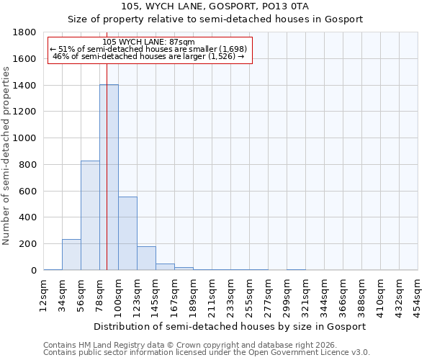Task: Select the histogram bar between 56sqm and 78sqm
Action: click(x=90, y=215)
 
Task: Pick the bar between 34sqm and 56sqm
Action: click(x=71, y=255)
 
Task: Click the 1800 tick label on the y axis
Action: click(x=25, y=32)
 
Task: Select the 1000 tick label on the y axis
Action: click(x=25, y=138)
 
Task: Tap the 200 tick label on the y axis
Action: click(x=28, y=244)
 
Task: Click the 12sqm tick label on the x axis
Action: click(x=44, y=292)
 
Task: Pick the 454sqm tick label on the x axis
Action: click(x=418, y=292)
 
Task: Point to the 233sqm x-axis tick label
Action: click(x=230, y=292)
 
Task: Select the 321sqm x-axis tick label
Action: click(x=305, y=292)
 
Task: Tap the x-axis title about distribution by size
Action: click(x=230, y=326)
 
